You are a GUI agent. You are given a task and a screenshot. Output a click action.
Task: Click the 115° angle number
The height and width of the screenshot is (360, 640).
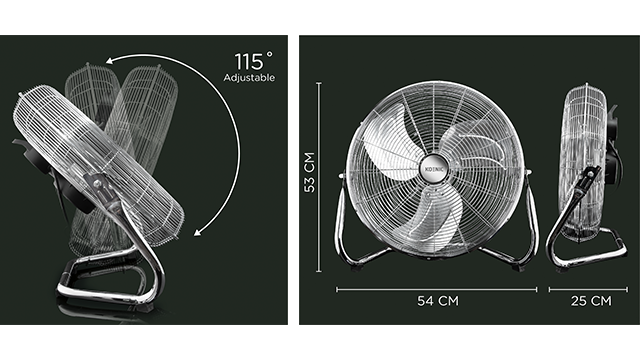(x=253, y=61)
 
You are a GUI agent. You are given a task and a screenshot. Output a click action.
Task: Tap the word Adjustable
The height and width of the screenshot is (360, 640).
(x=249, y=78)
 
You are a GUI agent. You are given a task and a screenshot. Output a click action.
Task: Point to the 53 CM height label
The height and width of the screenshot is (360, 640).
(x=310, y=172)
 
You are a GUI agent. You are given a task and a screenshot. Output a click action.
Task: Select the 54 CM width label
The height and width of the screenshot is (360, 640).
(x=438, y=301)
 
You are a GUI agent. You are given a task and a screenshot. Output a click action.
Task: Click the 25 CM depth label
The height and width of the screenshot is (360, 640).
(x=591, y=301)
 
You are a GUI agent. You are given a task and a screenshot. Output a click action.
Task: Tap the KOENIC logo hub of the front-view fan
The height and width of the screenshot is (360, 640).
(x=433, y=168)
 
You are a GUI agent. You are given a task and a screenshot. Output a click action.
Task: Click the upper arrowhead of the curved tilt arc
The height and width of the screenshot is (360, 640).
(x=109, y=61)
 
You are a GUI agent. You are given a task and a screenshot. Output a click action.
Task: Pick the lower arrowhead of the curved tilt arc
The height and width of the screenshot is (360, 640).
(x=198, y=232)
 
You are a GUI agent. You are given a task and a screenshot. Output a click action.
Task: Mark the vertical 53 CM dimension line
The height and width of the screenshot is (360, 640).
(x=319, y=177)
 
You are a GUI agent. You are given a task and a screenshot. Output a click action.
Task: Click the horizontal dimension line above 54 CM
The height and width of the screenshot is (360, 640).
(x=436, y=290)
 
